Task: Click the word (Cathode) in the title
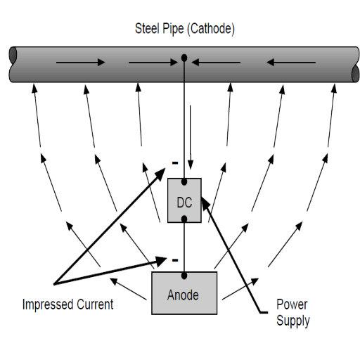211,29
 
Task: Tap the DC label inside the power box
185,202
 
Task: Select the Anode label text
183,295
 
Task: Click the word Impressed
48,304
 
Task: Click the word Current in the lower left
95,304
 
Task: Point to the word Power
292,304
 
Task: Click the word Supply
293,321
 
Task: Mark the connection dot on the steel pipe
184,58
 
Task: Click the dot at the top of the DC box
184,181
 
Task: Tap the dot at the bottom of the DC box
184,219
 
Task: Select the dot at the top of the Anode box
184,276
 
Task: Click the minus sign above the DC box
175,162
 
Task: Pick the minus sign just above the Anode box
175,260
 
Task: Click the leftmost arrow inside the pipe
80,63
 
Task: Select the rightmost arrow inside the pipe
291,63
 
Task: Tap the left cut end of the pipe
13,56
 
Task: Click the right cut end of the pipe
356,73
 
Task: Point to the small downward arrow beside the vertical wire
191,137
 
